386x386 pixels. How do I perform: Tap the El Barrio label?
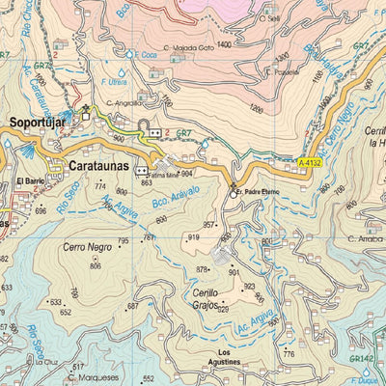[x=30, y=180]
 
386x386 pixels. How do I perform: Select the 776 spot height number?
[x=288, y=354]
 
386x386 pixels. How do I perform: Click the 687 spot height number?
[x=133, y=306]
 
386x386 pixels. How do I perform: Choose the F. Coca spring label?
[x=176, y=55]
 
